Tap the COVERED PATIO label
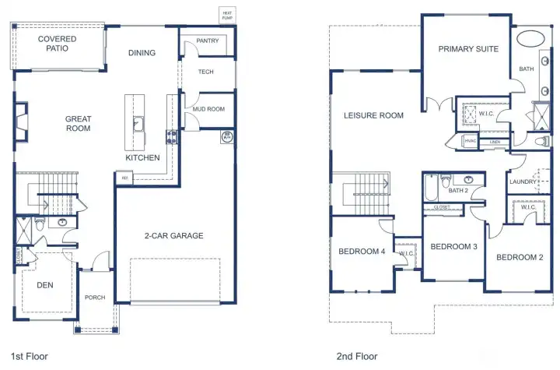tap(57, 43)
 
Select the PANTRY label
tap(207, 41)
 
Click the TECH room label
tap(206, 72)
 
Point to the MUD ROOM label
tap(208, 109)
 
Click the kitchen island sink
tap(138, 123)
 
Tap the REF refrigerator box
tap(123, 178)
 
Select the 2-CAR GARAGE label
tap(173, 235)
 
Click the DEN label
tap(45, 285)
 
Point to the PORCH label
tap(95, 297)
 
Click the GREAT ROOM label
tap(78, 124)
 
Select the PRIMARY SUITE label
tap(468, 49)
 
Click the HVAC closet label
tap(471, 141)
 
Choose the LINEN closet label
tap(495, 143)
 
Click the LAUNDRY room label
tap(523, 182)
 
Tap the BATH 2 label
tap(459, 190)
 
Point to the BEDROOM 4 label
tap(362, 251)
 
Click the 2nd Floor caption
tap(357, 356)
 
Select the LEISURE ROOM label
tap(374, 115)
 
